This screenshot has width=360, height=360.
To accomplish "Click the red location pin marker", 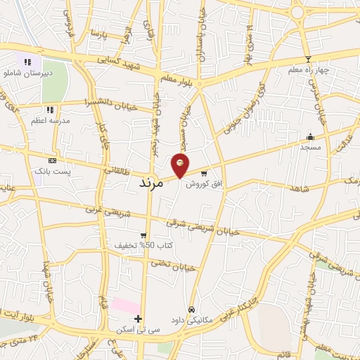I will [180, 165].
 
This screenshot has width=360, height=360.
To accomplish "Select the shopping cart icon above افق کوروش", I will [204, 173].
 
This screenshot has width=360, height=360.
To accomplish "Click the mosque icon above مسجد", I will [309, 136].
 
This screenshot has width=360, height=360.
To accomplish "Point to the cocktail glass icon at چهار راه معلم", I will [307, 60].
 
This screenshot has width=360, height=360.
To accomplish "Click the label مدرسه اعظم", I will [49, 120].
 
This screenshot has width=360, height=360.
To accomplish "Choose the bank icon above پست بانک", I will [51, 161].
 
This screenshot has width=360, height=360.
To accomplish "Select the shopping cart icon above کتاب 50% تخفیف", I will [143, 236].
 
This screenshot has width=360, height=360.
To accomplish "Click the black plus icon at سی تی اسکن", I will [138, 319].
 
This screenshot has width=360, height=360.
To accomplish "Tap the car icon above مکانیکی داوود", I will [191, 309].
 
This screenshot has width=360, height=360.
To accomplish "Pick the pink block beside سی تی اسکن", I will [124, 306].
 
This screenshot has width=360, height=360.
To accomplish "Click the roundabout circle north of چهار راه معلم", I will [297, 12].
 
